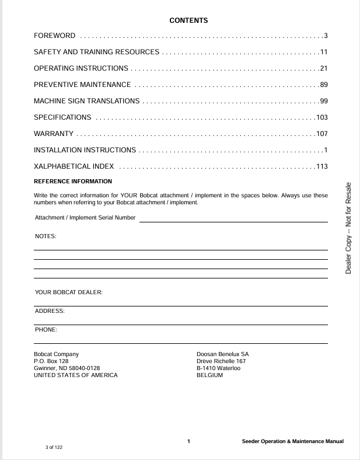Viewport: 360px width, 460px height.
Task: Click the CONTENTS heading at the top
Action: click(188, 20)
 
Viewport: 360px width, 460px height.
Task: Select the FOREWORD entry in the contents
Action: click(55, 36)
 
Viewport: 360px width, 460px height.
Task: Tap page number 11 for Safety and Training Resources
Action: click(324, 53)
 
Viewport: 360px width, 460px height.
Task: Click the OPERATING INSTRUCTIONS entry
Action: click(81, 69)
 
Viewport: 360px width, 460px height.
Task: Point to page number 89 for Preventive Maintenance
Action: click(324, 85)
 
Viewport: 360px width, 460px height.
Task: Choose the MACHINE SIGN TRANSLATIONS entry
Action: click(87, 101)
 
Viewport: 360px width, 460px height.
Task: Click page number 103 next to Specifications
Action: click(322, 117)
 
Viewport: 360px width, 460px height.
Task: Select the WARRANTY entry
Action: click(54, 134)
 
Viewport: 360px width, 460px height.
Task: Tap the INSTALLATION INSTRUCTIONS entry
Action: click(85, 150)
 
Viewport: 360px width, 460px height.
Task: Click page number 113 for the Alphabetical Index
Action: click(322, 166)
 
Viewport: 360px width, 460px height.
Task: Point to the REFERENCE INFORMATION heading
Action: click(73, 182)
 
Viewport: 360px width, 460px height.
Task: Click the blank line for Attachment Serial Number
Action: click(233, 221)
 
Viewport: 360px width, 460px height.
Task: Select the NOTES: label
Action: click(46, 236)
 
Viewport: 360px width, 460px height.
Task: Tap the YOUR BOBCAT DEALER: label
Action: click(69, 292)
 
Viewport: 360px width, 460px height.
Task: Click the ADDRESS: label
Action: click(50, 311)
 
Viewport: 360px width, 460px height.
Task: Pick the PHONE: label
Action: click(46, 330)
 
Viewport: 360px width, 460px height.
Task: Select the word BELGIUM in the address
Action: click(210, 375)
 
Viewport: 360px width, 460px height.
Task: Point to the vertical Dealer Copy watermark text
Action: click(348, 228)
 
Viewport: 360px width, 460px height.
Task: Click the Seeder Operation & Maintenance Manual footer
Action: click(293, 441)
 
